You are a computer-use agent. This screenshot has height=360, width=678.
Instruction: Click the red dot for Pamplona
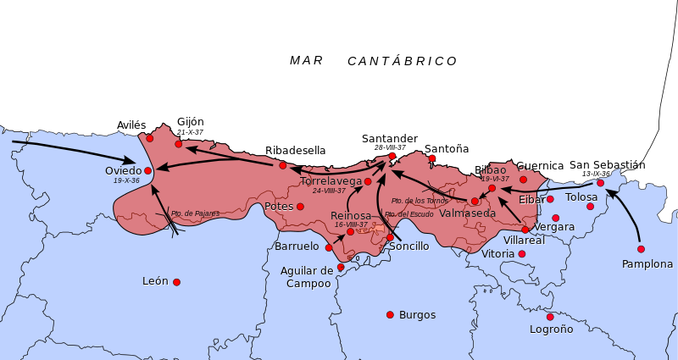(x=641, y=249)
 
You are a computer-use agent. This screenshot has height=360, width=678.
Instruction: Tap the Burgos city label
(x=417, y=315)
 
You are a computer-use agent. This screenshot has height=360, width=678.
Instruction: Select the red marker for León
(x=176, y=282)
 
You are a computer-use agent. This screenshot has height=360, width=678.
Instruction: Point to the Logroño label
(x=551, y=330)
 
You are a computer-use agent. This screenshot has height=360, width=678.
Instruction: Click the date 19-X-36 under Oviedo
(x=125, y=180)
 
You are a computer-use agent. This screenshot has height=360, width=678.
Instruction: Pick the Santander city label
(x=389, y=139)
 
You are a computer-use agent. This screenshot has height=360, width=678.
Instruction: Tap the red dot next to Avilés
(x=150, y=138)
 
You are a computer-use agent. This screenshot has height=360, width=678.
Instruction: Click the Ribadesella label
(x=291, y=151)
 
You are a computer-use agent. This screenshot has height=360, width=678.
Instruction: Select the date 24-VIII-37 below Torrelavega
(x=329, y=191)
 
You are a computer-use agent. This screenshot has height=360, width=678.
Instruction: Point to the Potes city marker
(x=300, y=207)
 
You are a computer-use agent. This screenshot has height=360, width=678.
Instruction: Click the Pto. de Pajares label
(x=195, y=213)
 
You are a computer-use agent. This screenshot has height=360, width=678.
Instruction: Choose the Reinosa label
(x=351, y=216)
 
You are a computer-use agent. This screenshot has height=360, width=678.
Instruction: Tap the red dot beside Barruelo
(x=329, y=247)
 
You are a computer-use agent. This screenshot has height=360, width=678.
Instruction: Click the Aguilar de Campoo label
(x=308, y=277)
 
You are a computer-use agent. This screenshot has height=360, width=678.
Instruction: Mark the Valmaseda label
(x=468, y=213)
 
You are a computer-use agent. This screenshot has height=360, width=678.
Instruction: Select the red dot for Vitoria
(x=522, y=254)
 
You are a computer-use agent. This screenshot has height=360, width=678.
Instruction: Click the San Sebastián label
(x=607, y=165)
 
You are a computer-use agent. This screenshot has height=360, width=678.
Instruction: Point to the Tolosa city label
(x=581, y=197)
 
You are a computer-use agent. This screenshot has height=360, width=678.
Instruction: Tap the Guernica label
(x=541, y=167)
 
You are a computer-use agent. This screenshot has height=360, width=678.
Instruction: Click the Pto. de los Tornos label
(x=420, y=201)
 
